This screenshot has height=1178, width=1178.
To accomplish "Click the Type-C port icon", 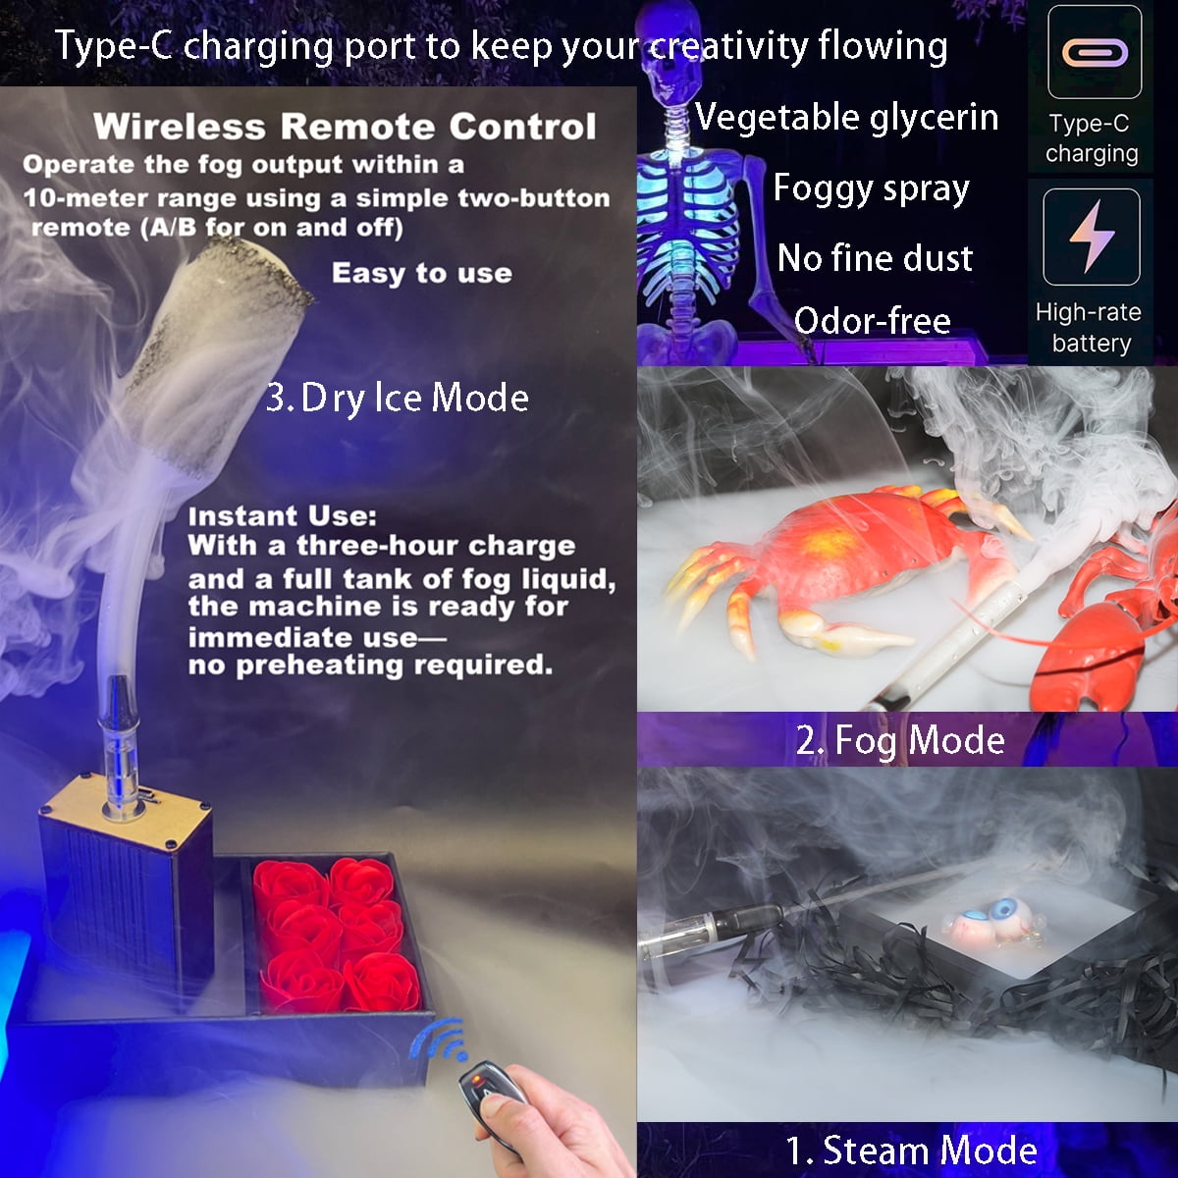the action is pyautogui.click(x=1095, y=53).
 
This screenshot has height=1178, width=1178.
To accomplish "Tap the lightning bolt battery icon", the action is pyautogui.click(x=1092, y=237).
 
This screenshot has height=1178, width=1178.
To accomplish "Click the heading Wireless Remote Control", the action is pyautogui.click(x=345, y=127).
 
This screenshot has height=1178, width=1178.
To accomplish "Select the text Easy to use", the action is pyautogui.click(x=422, y=273).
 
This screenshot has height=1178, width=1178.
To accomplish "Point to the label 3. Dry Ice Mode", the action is pyautogui.click(x=398, y=399).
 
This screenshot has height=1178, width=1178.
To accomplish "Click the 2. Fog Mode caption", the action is pyautogui.click(x=900, y=741).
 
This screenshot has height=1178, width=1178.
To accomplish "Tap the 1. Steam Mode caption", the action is pyautogui.click(x=911, y=1151).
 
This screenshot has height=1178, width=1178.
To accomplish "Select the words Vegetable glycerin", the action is pyautogui.click(x=846, y=118).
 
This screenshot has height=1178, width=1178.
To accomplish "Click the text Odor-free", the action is pyautogui.click(x=873, y=320).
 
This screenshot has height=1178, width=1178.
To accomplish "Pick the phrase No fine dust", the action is pyautogui.click(x=875, y=257).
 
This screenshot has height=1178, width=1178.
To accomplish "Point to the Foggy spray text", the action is pyautogui.click(x=871, y=188).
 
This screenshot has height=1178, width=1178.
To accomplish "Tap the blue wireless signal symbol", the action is pyautogui.click(x=439, y=1041).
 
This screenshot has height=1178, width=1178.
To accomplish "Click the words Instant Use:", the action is pyautogui.click(x=283, y=516).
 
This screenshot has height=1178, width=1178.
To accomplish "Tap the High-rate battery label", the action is pyautogui.click(x=1090, y=328).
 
